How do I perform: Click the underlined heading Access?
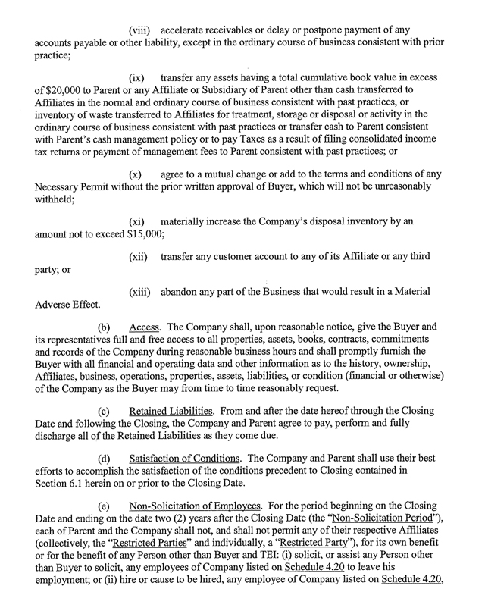(143, 327)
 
